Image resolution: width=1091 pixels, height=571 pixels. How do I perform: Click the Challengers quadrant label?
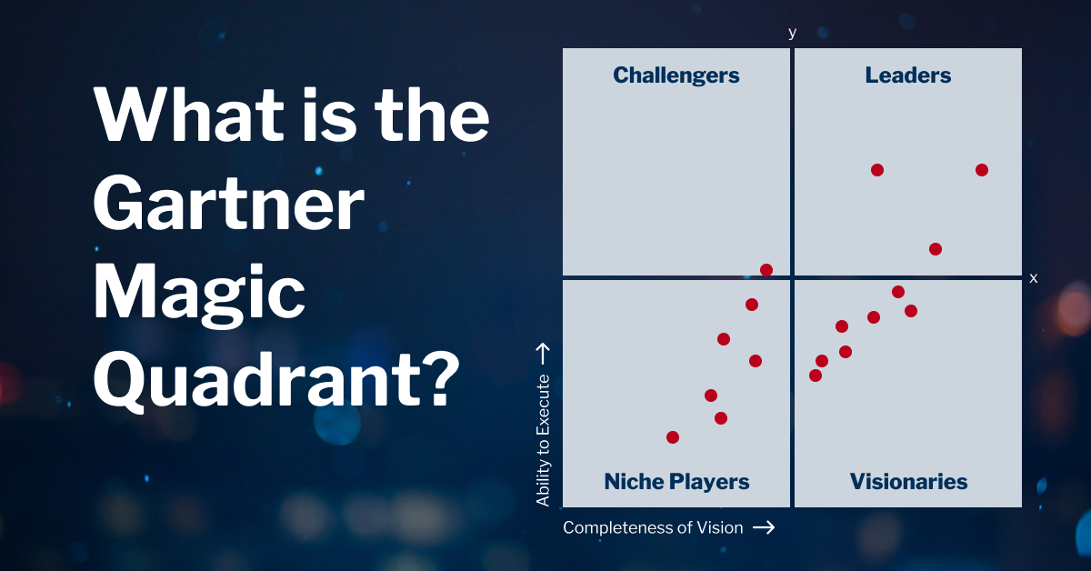point(676,75)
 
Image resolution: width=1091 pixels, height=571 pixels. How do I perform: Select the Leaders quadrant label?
point(907,75)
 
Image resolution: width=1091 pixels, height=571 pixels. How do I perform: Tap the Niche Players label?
point(676,482)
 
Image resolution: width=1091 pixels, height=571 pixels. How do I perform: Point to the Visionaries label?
point(908,482)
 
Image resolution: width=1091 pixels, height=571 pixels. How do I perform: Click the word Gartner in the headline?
point(228,206)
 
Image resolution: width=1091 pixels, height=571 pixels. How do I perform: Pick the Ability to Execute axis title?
point(544,439)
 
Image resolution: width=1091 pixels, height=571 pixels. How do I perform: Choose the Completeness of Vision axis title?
point(653,527)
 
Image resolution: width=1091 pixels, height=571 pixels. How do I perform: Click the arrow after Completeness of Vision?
point(764,527)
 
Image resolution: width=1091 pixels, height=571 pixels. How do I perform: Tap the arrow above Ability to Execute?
point(544,352)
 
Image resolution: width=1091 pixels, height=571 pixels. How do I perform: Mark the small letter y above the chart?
point(792,33)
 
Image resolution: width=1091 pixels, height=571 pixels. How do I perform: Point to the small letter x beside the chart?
point(1033,278)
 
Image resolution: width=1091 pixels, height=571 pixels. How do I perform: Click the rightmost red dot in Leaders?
point(981,170)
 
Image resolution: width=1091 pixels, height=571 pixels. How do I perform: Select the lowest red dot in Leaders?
point(935,249)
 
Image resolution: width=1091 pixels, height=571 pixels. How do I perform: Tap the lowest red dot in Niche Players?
point(673,437)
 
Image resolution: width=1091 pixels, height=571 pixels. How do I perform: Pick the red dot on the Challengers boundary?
point(766,270)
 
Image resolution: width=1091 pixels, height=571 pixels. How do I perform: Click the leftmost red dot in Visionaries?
point(816,376)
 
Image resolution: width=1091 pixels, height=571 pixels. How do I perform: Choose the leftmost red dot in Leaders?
point(877,170)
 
